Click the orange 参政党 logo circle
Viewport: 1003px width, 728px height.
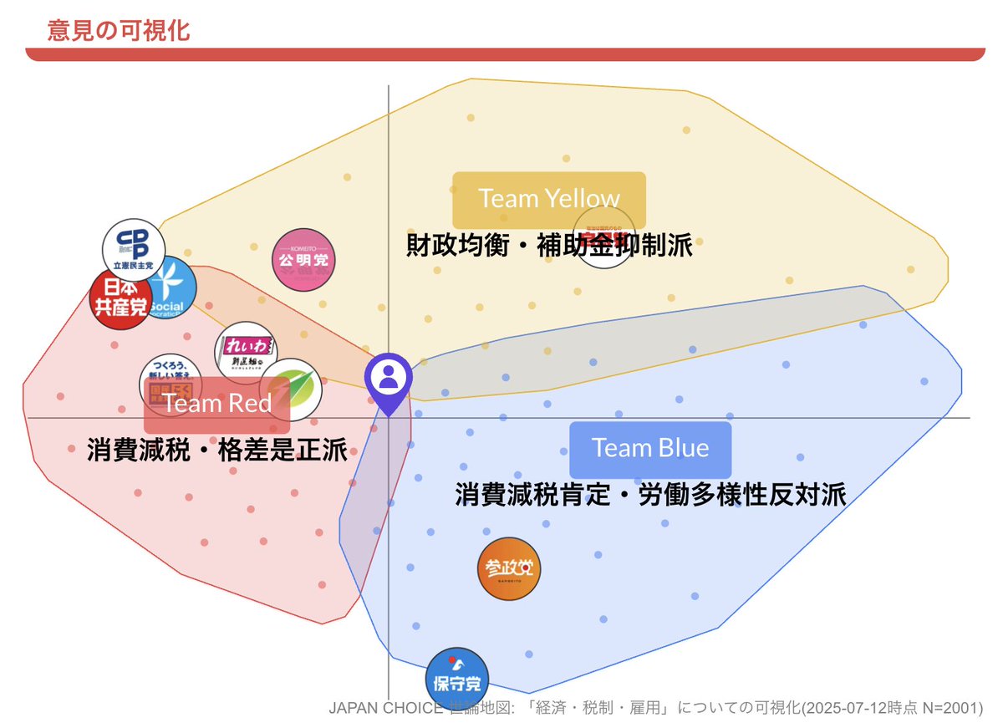click(x=509, y=569)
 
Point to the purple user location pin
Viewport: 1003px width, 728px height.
click(x=388, y=384)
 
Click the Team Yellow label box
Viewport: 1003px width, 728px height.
click(x=549, y=199)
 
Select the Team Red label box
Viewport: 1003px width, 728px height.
click(x=217, y=405)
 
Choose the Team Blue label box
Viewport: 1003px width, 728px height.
click(x=650, y=449)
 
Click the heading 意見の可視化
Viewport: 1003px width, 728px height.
click(x=119, y=31)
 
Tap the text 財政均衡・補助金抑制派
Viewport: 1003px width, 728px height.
click(x=549, y=247)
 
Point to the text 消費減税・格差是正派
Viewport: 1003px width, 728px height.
click(x=216, y=451)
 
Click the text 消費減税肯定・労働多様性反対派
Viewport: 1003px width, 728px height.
click(x=650, y=495)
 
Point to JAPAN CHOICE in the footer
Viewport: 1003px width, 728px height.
click(x=385, y=709)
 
